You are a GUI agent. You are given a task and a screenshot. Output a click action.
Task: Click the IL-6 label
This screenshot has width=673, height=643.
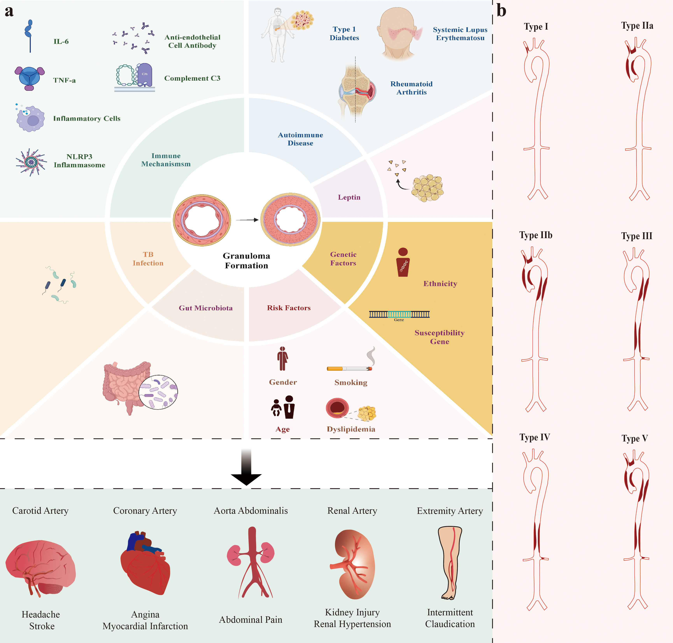click(x=61, y=41)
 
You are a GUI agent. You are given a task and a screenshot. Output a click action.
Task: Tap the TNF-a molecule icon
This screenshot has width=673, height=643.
click(x=29, y=78)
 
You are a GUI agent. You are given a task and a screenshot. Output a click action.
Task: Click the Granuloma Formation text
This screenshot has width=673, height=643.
click(x=246, y=261)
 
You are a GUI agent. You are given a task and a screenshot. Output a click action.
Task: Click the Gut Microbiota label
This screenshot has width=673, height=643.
click(x=205, y=308)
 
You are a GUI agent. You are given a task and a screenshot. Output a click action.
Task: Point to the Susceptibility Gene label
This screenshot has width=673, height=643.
click(x=439, y=337)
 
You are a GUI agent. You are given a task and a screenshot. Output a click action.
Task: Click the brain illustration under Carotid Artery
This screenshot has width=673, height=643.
click(x=40, y=567)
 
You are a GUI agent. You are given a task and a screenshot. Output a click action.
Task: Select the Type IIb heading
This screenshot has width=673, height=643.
click(x=535, y=235)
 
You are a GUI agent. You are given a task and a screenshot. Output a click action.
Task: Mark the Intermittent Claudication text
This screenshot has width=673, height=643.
click(x=450, y=618)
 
